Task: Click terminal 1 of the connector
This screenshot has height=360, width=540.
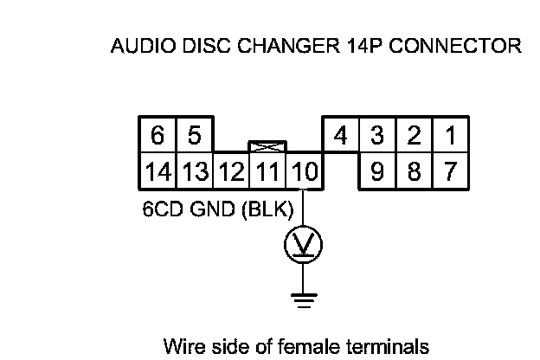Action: point(450,136)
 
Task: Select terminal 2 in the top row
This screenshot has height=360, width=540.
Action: point(414,136)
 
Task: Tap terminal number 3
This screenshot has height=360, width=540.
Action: point(377,136)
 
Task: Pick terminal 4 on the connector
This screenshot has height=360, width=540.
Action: point(340,136)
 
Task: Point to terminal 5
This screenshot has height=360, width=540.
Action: point(194,136)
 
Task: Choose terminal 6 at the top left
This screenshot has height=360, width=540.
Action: point(157,136)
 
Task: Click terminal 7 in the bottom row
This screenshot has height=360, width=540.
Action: point(450,171)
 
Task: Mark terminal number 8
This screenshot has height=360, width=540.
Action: point(414,171)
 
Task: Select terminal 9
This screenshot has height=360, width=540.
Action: point(377,171)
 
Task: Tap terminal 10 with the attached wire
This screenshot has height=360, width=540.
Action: point(304,171)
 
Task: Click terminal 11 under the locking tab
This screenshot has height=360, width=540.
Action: point(267,171)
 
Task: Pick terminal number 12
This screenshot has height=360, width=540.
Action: point(231,171)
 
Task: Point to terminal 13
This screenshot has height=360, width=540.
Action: point(196,171)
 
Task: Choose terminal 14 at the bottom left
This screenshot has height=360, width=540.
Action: point(158,171)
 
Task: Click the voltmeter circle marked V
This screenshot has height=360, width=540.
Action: point(303,245)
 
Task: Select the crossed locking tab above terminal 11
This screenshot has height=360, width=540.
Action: point(267,147)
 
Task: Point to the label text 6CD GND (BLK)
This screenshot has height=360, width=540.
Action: point(218,209)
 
